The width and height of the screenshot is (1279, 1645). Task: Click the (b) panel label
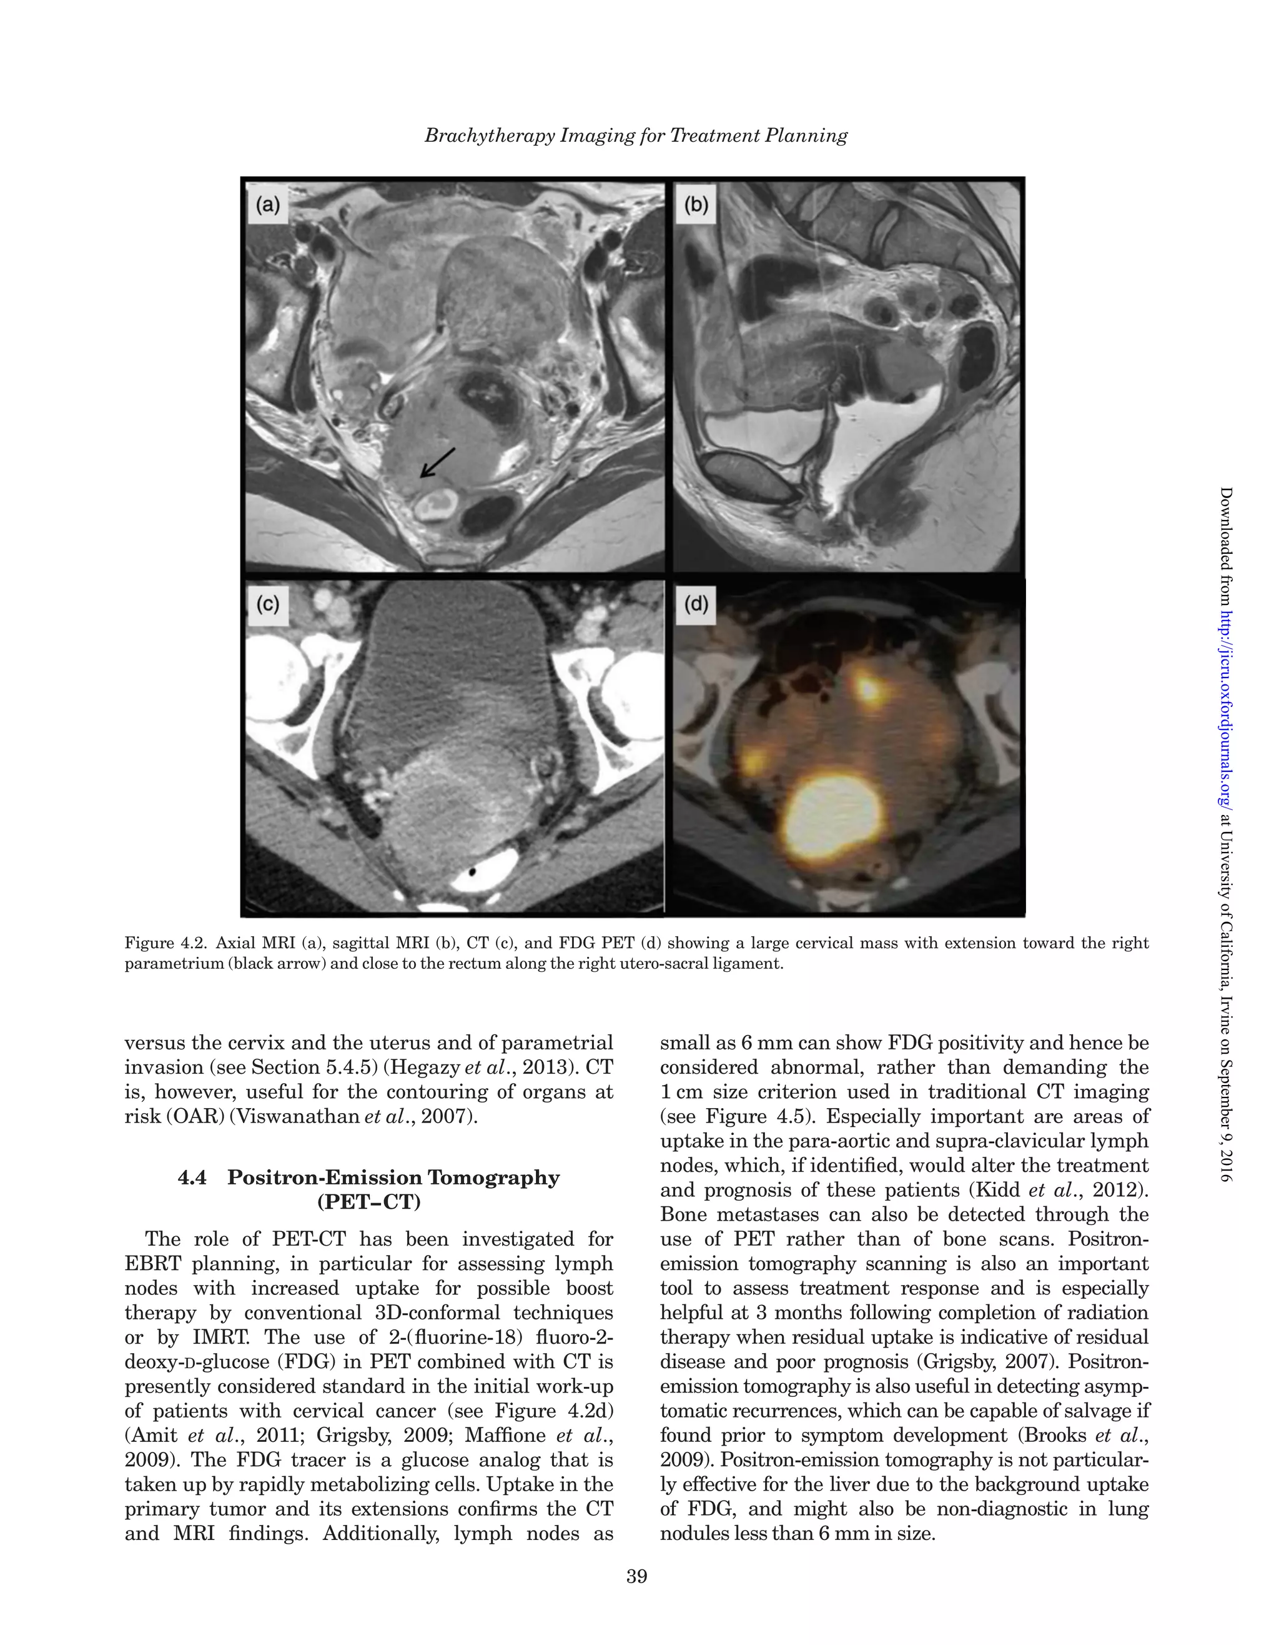click(x=696, y=205)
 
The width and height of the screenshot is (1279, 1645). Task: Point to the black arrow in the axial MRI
click(x=437, y=462)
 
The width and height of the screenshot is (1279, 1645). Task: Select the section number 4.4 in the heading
click(x=193, y=1177)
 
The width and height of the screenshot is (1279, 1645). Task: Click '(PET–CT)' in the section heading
click(x=369, y=1201)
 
